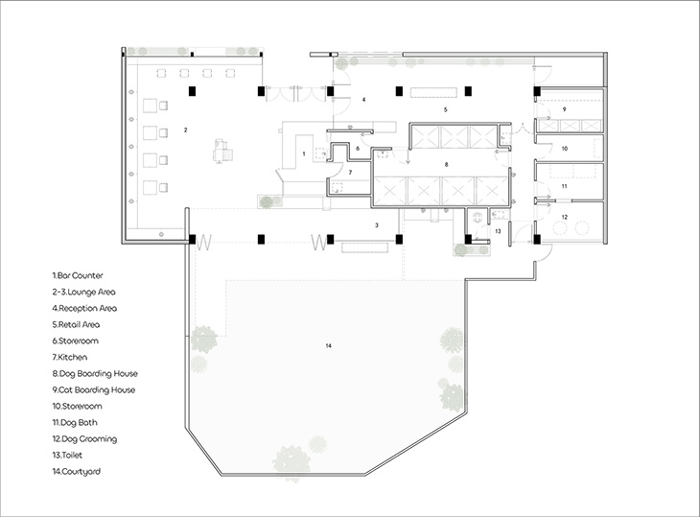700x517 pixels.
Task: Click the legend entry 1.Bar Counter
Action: click(78, 275)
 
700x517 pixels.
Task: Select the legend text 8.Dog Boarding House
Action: click(95, 374)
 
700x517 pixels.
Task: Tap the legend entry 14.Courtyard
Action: click(77, 472)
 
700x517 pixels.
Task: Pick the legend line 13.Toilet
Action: click(67, 455)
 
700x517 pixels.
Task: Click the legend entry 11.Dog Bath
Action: click(75, 422)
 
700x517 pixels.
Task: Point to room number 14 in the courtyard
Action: click(329, 345)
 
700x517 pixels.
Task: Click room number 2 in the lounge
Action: click(186, 129)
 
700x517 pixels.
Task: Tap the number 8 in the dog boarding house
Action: click(447, 165)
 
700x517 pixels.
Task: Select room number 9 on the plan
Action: click(564, 109)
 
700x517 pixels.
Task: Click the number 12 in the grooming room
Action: click(565, 217)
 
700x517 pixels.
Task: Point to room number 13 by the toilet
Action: click(499, 231)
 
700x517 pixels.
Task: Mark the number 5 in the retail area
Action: click(446, 109)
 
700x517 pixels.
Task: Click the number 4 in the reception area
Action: click(363, 100)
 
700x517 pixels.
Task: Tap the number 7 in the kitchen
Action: click(350, 173)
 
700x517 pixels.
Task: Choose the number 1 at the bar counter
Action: click(304, 154)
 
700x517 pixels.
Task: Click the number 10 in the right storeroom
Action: click(565, 149)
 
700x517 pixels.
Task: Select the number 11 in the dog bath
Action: click(564, 186)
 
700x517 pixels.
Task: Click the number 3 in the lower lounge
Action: click(377, 225)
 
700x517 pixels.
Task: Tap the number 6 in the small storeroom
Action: click(358, 149)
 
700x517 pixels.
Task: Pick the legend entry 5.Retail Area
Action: click(76, 324)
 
